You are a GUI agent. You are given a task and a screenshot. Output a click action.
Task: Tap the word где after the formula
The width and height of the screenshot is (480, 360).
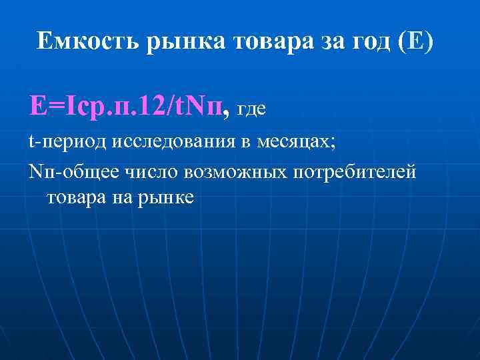[x=252, y=109]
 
